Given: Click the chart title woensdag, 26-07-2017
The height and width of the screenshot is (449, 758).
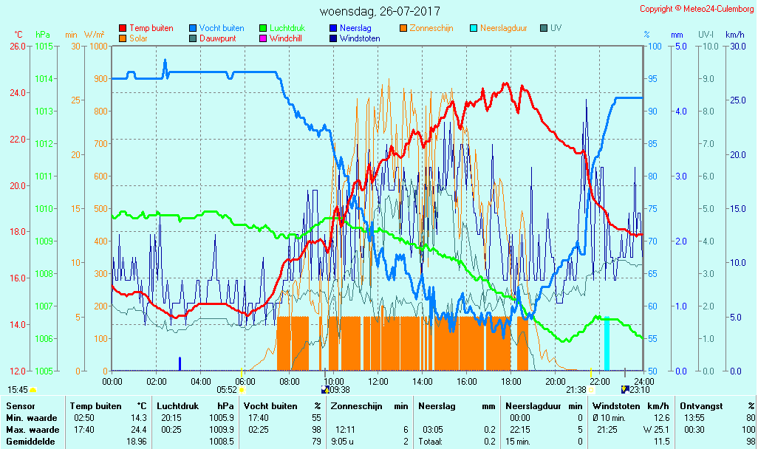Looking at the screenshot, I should point(380,12).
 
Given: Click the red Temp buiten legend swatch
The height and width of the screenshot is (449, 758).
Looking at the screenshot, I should point(123,28).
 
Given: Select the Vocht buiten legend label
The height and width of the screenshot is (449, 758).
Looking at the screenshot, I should point(222,28).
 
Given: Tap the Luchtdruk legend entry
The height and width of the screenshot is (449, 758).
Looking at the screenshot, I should point(289,28).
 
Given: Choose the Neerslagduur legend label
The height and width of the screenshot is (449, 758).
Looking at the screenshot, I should point(503,28).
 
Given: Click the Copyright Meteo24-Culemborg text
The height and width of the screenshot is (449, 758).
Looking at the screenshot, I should point(696,9).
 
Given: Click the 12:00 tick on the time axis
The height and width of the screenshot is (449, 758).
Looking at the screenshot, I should point(378,381).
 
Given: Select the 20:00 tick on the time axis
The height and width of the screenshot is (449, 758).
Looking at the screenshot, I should point(556,381).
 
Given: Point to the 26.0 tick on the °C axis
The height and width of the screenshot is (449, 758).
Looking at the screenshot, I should point(17,46).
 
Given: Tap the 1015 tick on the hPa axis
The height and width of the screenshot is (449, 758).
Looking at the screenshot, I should point(44,46).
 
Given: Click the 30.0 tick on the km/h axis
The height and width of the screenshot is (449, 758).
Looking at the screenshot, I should point(735,46).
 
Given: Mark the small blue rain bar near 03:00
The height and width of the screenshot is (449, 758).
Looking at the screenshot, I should point(180,363).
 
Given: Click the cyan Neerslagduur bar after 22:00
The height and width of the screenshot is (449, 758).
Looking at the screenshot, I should point(607,344).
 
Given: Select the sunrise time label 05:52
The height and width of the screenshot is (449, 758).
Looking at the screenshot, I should point(226,389).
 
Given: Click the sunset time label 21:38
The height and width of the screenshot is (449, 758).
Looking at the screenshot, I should point(576,389).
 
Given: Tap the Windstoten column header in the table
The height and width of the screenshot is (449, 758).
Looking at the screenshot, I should point(618,406).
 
